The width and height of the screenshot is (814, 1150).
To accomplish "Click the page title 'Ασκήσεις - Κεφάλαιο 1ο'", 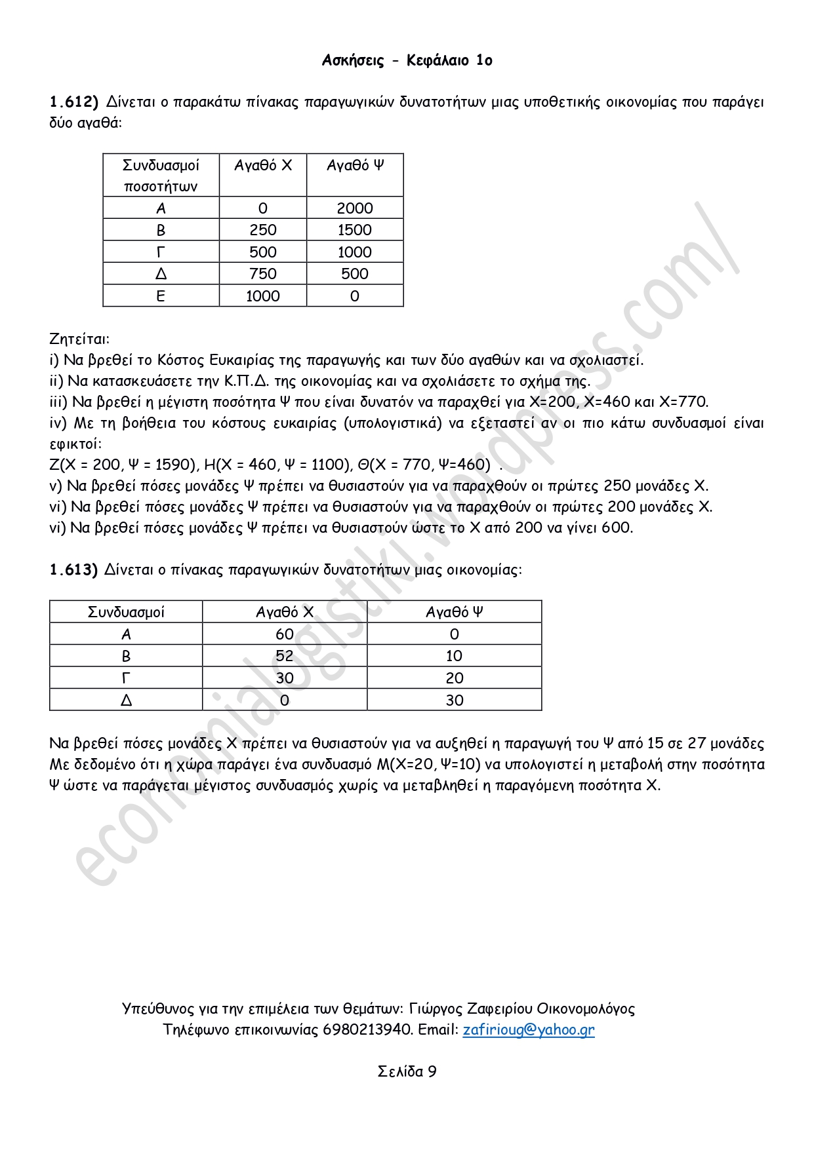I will tap(407, 60).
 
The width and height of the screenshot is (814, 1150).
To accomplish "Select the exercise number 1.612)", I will tap(73, 102).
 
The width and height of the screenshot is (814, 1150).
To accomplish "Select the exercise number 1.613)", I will tap(73, 569).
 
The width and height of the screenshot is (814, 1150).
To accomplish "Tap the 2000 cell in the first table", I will tap(355, 208).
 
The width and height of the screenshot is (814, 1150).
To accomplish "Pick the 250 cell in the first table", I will tap(263, 230).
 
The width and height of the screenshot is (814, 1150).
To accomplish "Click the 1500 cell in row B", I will tap(355, 230).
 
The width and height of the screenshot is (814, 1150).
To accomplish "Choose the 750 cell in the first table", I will tap(263, 274).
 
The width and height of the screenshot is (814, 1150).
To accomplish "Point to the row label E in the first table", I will tap(161, 296).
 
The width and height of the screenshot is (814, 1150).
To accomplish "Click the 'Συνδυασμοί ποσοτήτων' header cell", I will tap(161, 176).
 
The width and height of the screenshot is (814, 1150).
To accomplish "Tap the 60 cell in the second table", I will tap(285, 634).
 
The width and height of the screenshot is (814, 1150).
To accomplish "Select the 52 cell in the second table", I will tap(285, 656).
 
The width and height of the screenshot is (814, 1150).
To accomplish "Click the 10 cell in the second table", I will tap(454, 656).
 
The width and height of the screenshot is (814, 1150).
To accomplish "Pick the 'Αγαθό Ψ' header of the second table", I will tap(454, 612).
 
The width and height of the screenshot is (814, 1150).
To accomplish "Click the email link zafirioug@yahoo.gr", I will tap(529, 1029).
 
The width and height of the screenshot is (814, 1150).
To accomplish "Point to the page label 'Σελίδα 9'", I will tap(407, 1071).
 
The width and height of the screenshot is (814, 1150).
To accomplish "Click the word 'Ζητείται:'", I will tap(79, 339).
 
